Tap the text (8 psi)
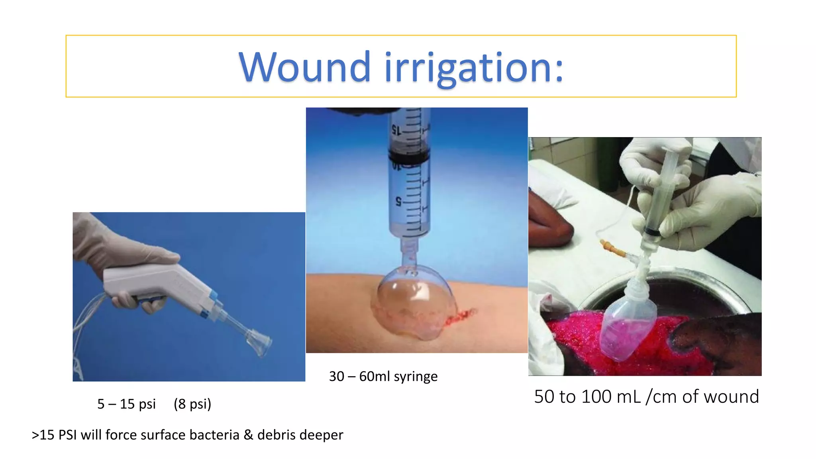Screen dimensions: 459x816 click(192, 404)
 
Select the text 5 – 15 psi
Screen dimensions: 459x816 click(126, 404)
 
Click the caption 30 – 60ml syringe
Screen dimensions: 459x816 click(383, 376)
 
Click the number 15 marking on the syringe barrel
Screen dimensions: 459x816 click(396, 130)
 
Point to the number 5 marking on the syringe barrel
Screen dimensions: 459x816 click(398, 202)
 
